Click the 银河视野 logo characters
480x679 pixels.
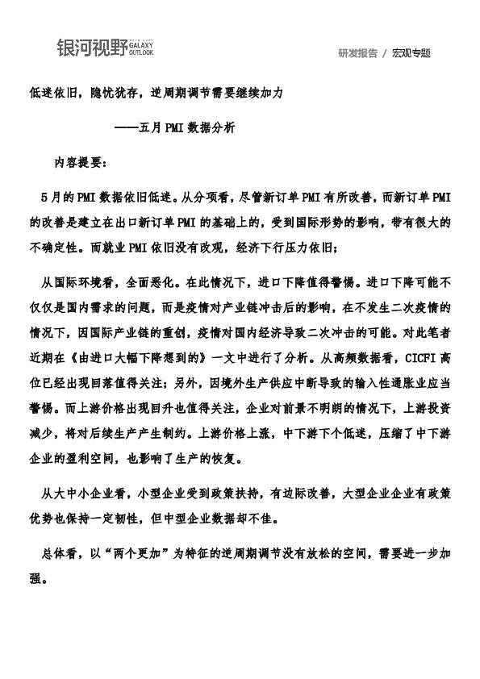[91, 48]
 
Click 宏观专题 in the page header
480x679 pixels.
[411, 53]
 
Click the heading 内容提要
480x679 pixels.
[78, 161]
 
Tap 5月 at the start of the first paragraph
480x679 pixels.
[49, 196]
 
